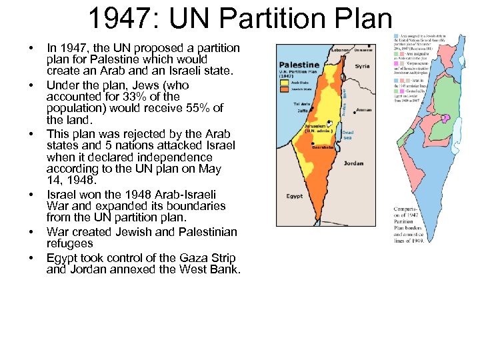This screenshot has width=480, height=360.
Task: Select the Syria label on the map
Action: click(x=362, y=67)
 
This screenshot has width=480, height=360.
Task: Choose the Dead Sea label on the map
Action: click(x=347, y=136)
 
